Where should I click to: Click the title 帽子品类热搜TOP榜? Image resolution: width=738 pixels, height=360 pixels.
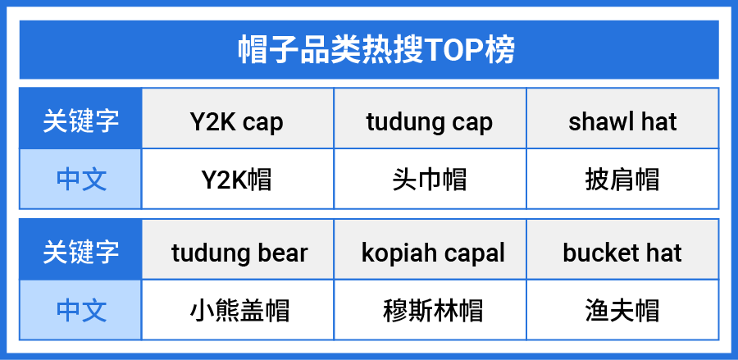click(376, 49)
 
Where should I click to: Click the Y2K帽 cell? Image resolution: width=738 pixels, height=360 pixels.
click(237, 180)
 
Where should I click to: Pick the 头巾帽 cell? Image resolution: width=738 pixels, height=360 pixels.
click(429, 180)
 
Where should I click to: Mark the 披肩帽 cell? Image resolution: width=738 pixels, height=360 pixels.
click(622, 180)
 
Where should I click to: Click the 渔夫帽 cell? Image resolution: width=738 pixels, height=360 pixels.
click(622, 311)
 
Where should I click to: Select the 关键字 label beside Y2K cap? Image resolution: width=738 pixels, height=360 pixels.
click(81, 121)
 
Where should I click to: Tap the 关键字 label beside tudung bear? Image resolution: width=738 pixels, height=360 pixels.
click(81, 253)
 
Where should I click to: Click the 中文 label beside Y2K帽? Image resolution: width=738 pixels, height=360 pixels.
click(81, 180)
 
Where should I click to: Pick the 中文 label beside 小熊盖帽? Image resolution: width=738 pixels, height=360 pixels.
click(81, 311)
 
